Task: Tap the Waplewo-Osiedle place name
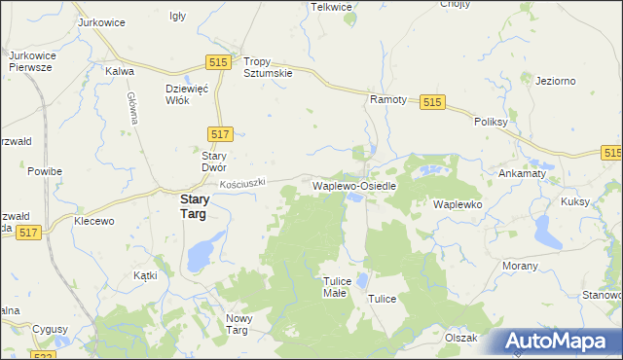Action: click(352, 185)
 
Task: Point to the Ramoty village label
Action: click(387, 100)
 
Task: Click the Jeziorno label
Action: click(556, 81)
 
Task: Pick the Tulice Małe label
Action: click(335, 286)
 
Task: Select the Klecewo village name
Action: click(94, 222)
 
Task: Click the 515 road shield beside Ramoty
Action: click(433, 102)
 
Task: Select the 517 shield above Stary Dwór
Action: click(219, 131)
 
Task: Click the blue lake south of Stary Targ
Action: click(199, 257)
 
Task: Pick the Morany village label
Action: click(521, 266)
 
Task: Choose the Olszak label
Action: click(460, 338)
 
